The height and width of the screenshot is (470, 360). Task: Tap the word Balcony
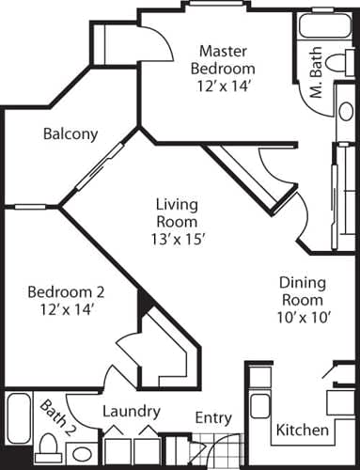click(x=70, y=133)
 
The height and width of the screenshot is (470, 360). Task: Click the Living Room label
click(x=177, y=213)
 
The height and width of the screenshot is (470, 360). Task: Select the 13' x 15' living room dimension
click(x=177, y=239)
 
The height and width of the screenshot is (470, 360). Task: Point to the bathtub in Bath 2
click(x=19, y=423)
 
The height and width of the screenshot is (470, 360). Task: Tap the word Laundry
click(x=131, y=412)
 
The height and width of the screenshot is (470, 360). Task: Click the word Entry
click(x=212, y=417)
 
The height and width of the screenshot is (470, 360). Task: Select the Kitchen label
click(x=303, y=431)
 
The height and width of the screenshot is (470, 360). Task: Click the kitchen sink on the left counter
click(x=258, y=405)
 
